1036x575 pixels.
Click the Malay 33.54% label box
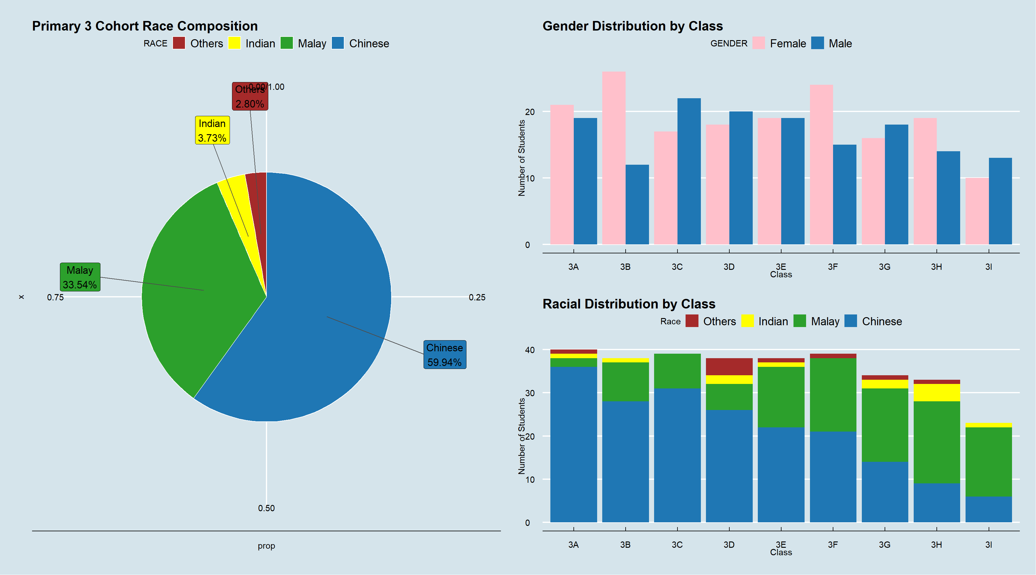point(80,277)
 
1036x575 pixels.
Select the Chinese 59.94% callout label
point(444,355)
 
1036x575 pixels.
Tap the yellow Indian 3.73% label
point(212,130)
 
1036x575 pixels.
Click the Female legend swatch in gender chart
point(758,43)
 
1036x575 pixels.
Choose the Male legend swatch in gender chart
point(817,43)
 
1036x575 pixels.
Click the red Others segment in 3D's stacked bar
point(729,367)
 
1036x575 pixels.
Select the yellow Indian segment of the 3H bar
point(937,393)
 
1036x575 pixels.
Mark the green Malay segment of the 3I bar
point(989,462)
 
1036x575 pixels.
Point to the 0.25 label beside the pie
point(477,298)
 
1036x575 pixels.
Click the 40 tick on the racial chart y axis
point(530,350)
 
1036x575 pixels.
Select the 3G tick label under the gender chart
point(884,267)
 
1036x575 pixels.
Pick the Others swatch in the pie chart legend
point(179,43)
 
